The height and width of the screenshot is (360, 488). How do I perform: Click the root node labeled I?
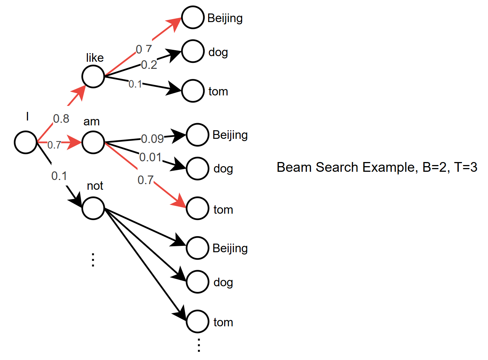[x=25, y=142]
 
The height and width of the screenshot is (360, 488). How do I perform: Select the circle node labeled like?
[x=93, y=76]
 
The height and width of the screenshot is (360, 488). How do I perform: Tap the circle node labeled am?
[x=93, y=142]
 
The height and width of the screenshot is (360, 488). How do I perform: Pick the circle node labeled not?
[x=93, y=208]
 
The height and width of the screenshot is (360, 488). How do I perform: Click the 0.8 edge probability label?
[x=61, y=119]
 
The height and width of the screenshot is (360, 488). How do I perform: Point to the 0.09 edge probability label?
[x=152, y=139]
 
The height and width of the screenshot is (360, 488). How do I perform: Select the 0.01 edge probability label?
[x=150, y=157]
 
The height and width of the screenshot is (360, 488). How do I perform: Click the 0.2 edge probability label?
[x=149, y=65]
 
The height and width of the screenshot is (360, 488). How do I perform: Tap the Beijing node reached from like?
[x=193, y=17]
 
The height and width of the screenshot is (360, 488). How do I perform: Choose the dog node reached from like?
[x=193, y=51]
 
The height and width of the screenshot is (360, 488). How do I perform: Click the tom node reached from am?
[x=197, y=208]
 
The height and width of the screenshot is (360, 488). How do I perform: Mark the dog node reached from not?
[x=197, y=282]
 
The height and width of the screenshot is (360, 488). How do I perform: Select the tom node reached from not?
[x=197, y=321]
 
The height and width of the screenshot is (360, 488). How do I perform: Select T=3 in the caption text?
[x=466, y=167]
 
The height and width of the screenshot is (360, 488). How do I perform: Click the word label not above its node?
[x=95, y=186]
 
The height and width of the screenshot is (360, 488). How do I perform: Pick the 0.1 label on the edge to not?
[x=59, y=176]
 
